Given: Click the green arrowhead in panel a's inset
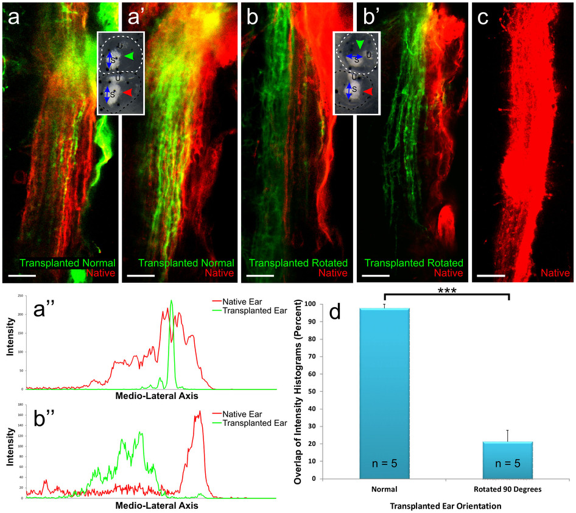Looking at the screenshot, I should pos(128,56).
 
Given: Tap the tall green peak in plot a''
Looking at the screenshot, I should pos(172,302).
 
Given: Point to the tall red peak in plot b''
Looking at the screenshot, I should pos(200,412).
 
